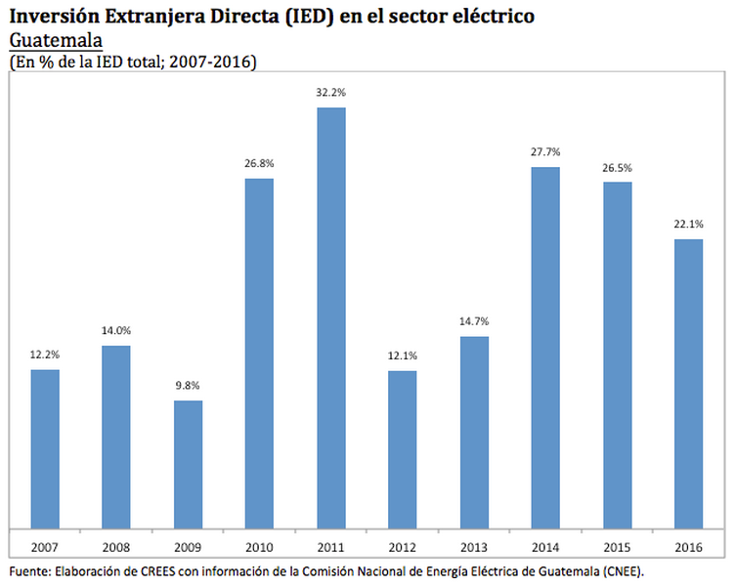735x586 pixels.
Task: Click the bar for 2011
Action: (331, 317)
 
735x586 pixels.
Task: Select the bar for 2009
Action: (188, 464)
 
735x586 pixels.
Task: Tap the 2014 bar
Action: (545, 347)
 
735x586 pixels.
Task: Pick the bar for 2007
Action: (45, 448)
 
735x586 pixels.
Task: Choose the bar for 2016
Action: (688, 383)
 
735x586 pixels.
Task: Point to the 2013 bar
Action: (474, 432)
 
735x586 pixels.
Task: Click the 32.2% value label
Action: (331, 92)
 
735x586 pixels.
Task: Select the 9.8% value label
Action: (188, 385)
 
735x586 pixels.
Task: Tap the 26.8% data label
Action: (259, 163)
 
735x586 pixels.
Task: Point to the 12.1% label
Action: (403, 355)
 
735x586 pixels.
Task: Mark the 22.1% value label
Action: (688, 224)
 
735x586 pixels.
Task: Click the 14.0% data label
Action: (116, 330)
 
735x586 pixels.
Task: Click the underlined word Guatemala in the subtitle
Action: (56, 42)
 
